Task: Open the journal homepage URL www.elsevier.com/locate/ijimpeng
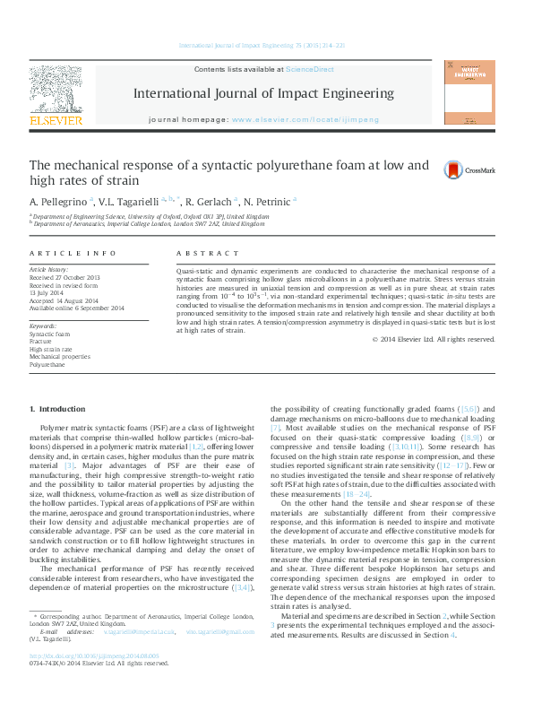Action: pos(305,119)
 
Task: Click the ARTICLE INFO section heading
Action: pos(73,254)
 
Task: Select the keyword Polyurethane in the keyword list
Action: pos(48,365)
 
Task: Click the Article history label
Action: pos(49,269)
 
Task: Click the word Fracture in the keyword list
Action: pos(40,341)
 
